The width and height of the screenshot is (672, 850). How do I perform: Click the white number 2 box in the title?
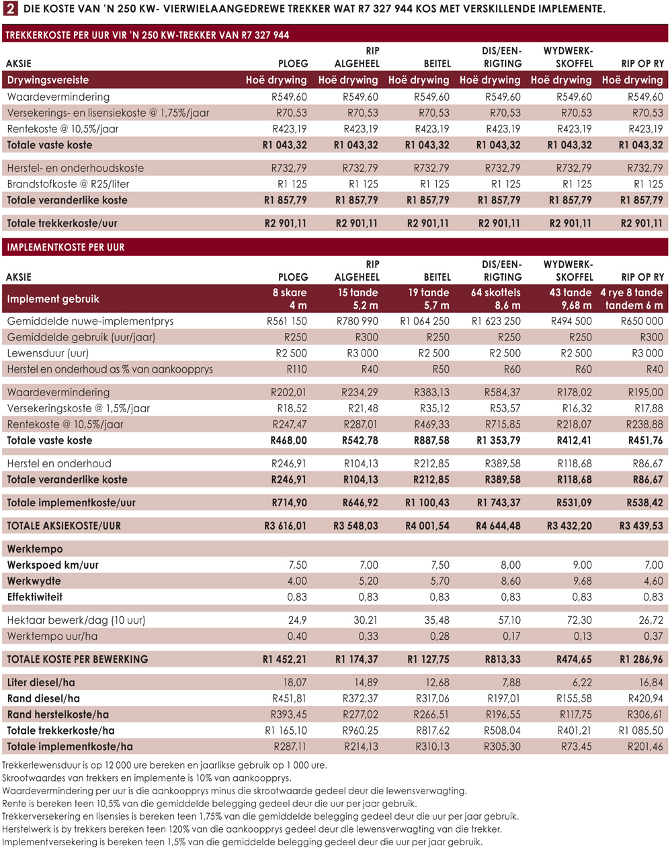(x=10, y=8)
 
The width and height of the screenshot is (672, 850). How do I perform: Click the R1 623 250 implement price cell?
(x=496, y=321)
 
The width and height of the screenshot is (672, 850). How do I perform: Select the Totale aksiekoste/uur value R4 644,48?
(x=498, y=526)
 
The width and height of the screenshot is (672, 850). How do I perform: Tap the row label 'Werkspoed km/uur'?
(x=52, y=565)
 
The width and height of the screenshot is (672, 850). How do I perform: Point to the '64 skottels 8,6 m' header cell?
(x=496, y=299)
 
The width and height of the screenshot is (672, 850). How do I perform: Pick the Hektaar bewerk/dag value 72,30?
(x=579, y=620)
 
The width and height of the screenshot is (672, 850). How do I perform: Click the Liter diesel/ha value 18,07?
(x=295, y=682)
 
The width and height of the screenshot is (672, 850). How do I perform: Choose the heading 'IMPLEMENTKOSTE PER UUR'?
(x=66, y=247)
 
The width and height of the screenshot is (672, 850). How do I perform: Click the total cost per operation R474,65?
(x=574, y=659)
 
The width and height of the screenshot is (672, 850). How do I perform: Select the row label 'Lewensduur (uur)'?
(x=48, y=353)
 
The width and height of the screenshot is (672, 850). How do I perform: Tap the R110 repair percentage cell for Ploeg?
(x=297, y=369)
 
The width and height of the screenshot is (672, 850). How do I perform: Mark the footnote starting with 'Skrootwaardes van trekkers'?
(x=146, y=778)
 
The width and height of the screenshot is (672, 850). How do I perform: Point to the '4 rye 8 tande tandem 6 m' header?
(x=632, y=299)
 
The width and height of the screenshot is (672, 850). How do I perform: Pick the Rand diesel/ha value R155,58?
(x=575, y=698)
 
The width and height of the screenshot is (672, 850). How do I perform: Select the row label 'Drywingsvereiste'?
(x=48, y=80)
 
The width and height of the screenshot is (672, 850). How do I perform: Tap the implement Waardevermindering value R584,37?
(x=503, y=392)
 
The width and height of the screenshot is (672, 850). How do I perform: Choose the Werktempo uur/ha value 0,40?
(x=297, y=636)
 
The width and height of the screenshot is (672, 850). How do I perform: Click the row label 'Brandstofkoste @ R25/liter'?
(x=68, y=184)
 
